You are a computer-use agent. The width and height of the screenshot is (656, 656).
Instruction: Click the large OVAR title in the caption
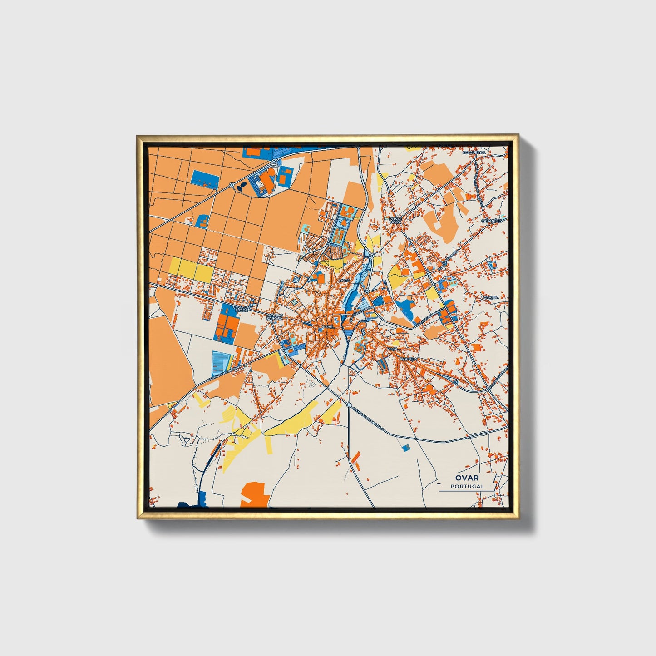coord(467,478)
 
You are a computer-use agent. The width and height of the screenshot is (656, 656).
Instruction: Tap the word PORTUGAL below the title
coord(467,486)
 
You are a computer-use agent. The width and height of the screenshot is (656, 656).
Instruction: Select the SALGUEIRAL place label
coord(474,153)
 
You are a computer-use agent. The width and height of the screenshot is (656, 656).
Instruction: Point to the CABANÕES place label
coord(492,221)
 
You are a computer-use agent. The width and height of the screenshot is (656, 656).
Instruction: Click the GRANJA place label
coord(491,297)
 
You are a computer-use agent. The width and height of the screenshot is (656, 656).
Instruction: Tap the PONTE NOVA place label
coord(395,220)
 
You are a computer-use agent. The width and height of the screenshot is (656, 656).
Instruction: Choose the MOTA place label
coord(345,281)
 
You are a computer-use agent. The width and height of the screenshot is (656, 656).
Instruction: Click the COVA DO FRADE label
coord(240,308)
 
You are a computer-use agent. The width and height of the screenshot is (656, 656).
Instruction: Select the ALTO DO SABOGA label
coord(275,316)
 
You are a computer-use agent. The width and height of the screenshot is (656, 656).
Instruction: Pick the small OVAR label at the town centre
coord(327,326)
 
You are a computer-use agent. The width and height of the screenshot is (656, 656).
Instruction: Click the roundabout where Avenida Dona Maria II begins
coord(349,404)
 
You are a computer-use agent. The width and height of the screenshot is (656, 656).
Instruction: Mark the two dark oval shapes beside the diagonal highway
coord(242,185)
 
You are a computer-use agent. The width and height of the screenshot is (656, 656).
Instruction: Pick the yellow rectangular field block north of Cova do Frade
coord(191,270)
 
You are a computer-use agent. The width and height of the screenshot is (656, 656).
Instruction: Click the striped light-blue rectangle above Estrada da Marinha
coord(222,362)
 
